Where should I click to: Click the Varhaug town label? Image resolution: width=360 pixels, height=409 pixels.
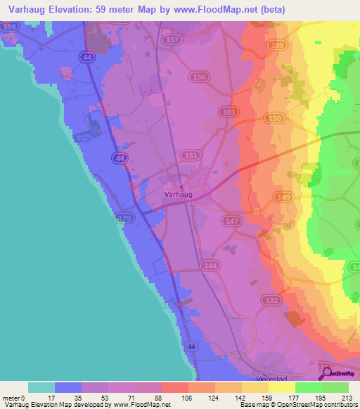pos(178,194)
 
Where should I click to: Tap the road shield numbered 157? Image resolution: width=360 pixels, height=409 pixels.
pos(171,41)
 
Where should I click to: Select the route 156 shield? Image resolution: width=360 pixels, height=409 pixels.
pos(200,77)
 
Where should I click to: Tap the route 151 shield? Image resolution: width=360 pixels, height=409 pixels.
pos(191,155)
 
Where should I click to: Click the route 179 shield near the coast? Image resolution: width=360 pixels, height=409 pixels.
pos(124,219)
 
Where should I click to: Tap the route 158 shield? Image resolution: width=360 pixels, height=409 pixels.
pos(10,26)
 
